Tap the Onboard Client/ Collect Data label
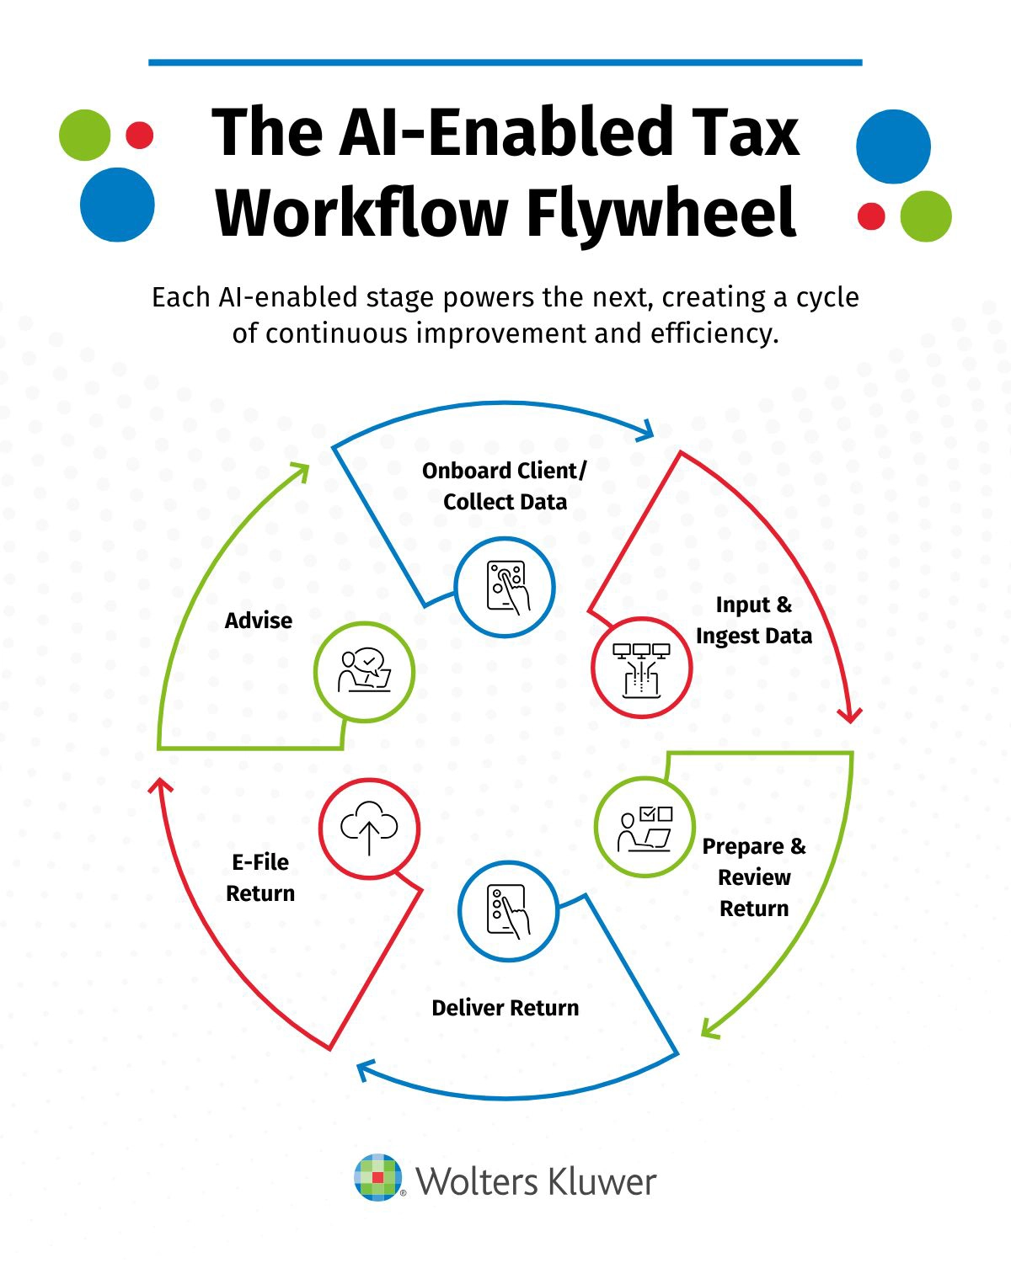click(x=505, y=486)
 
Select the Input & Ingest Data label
click(x=754, y=621)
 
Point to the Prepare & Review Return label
click(x=754, y=877)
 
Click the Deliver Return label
click(x=505, y=1008)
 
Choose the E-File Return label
click(x=260, y=877)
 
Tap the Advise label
click(x=259, y=621)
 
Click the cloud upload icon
click(x=369, y=828)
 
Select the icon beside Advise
click(x=364, y=671)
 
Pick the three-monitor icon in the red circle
click(x=641, y=669)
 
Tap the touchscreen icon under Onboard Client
click(x=505, y=587)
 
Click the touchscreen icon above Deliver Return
click(x=508, y=911)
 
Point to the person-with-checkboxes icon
click(x=645, y=829)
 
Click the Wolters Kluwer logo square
click(x=378, y=1176)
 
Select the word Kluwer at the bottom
click(x=602, y=1181)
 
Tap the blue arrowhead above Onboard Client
click(x=645, y=430)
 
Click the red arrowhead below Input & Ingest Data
click(x=850, y=715)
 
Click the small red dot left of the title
click(x=139, y=135)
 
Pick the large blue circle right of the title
click(x=893, y=147)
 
